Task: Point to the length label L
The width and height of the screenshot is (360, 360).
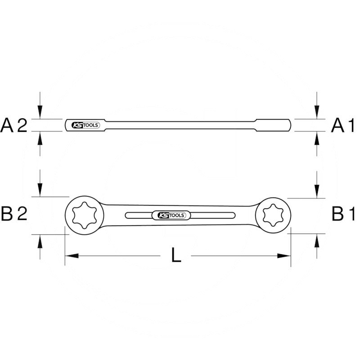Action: point(176,256)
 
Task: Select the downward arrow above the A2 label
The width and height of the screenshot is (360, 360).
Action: point(40,113)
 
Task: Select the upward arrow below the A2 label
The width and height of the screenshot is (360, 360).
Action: point(40,138)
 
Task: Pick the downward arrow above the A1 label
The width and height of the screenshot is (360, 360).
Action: point(318,113)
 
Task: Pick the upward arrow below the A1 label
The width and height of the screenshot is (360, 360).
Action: point(318,138)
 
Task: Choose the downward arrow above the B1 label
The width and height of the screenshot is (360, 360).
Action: point(318,192)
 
